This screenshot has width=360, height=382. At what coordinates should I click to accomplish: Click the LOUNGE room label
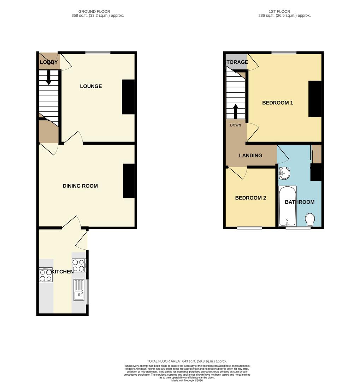[91, 86]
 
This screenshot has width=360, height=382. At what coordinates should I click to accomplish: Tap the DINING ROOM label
[80, 186]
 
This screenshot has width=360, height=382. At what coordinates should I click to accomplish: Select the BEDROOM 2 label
[250, 198]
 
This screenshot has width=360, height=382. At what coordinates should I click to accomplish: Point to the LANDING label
[250, 156]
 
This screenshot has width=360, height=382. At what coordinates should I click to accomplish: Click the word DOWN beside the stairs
[236, 125]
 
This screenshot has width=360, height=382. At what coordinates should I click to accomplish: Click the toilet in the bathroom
[310, 219]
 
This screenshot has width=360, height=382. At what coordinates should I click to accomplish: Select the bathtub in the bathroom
[287, 206]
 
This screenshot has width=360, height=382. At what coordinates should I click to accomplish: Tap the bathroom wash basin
[284, 173]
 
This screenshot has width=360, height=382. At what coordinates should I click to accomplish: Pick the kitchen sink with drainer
[79, 290]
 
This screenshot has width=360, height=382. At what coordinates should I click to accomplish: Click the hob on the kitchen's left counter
[46, 275]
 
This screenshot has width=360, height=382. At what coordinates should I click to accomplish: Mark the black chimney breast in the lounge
[128, 97]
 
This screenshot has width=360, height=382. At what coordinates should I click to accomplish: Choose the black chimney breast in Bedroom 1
[315, 99]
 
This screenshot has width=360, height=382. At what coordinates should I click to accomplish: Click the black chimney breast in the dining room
[129, 181]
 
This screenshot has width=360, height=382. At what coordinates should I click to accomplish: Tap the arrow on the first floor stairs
[235, 111]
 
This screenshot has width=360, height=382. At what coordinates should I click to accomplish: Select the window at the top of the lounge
[98, 53]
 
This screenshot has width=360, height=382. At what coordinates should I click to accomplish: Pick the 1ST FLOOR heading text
[284, 12]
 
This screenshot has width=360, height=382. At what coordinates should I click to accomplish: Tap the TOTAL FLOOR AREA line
[187, 361]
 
